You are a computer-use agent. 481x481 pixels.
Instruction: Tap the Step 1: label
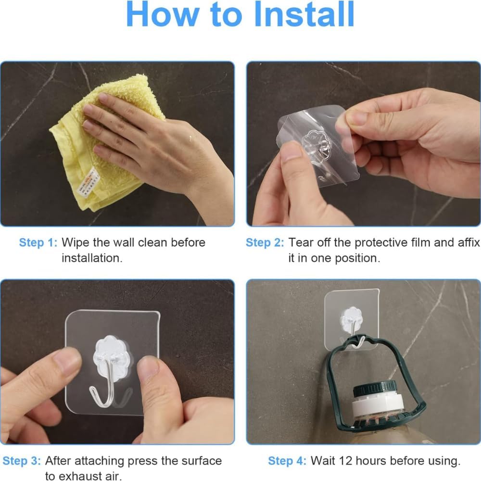coord(38,242)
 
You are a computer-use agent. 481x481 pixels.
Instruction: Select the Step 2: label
coord(265,242)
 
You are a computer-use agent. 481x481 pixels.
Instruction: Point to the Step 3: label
coord(22,461)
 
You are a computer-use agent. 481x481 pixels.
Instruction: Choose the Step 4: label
coord(287,461)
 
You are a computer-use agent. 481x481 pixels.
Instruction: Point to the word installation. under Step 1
coord(92,258)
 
